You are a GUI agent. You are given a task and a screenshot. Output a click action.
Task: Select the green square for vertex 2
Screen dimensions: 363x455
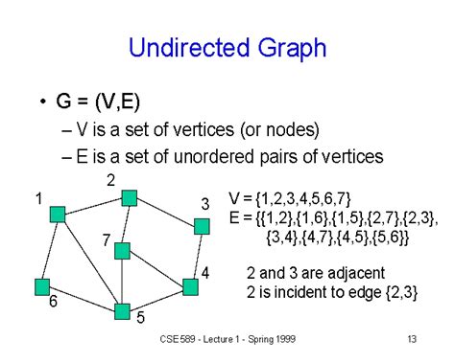[130, 198]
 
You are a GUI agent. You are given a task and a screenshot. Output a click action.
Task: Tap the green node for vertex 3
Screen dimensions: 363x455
[201, 226]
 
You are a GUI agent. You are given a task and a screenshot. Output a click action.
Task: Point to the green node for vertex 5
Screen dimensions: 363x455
[122, 310]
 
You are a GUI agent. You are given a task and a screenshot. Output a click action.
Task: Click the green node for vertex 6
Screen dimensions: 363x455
[41, 285]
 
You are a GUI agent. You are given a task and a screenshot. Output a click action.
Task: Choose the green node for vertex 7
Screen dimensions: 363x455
[121, 251]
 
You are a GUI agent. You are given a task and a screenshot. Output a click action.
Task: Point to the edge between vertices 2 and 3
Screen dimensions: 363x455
[165, 212]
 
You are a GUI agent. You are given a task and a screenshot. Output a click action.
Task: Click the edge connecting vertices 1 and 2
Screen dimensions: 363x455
[93, 206]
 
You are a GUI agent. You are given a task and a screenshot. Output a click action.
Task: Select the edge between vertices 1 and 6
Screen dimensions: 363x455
[50, 249]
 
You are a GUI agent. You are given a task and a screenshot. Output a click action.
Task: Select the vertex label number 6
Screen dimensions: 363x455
[54, 302]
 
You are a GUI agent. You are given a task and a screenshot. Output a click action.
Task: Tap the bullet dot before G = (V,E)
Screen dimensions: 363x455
[44, 102]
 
